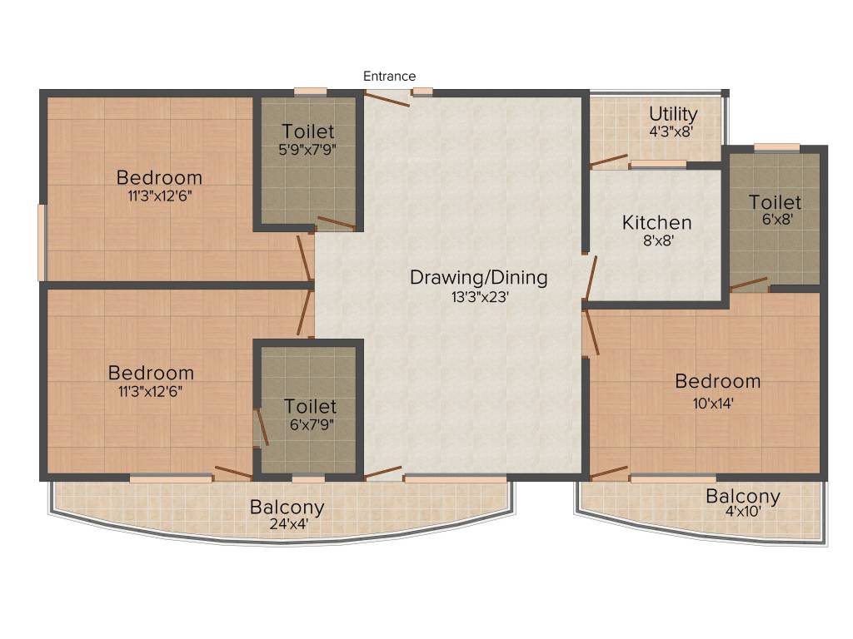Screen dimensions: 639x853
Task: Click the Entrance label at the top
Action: point(389,77)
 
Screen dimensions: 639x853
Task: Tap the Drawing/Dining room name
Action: point(478,277)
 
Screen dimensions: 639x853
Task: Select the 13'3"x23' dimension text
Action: point(478,297)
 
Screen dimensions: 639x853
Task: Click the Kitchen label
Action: point(656,223)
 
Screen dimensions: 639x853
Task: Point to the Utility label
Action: point(673,113)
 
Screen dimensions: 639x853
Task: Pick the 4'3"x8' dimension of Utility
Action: point(671,131)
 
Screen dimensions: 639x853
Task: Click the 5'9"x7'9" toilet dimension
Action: point(307,150)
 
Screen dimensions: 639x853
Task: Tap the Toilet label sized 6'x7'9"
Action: point(310,406)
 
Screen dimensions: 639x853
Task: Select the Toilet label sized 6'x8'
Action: point(775,202)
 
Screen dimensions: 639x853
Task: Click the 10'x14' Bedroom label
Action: point(717,381)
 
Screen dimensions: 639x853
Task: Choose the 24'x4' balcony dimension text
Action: point(287,525)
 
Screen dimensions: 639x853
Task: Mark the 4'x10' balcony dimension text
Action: point(742,513)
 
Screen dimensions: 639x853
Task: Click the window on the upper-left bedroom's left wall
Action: point(42,242)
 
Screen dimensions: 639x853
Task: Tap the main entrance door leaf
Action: point(387,98)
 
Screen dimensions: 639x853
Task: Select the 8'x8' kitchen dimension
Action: point(656,242)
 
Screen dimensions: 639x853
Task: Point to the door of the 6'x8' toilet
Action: point(748,284)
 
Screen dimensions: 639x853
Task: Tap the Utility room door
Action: point(608,160)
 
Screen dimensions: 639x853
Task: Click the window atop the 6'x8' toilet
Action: point(776,148)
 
